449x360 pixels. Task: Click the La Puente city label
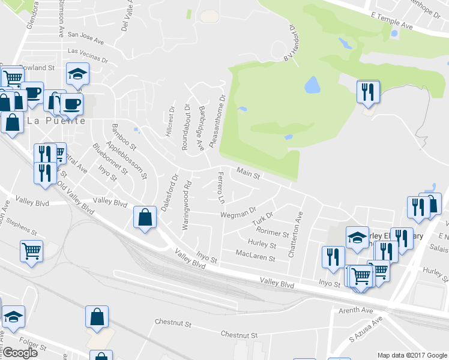55,120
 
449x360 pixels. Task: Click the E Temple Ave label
393,22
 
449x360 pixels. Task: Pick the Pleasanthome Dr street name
217,122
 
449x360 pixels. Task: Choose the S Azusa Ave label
366,330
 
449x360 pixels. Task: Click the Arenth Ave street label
357,310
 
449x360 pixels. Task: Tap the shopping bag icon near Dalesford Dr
145,217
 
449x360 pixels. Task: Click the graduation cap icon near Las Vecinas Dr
77,74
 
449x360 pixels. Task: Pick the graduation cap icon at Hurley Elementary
357,237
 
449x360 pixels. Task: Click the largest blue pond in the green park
312,85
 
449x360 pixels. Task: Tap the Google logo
19,353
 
